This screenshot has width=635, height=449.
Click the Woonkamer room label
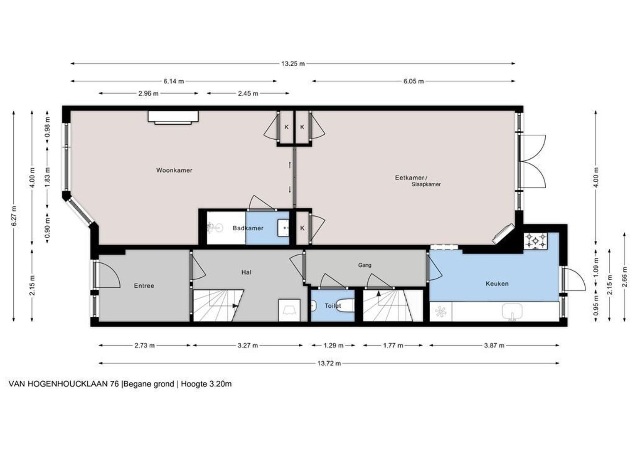click(x=174, y=170)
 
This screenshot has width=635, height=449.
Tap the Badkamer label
click(x=248, y=228)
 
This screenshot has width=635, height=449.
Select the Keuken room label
click(x=497, y=284)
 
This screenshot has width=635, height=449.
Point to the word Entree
click(x=144, y=286)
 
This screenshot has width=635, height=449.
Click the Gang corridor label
click(x=364, y=265)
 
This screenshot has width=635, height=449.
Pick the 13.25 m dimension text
click(x=293, y=64)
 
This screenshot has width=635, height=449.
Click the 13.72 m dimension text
click(x=329, y=363)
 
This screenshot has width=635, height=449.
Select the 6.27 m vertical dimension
click(x=15, y=216)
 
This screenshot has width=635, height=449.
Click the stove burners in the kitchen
click(x=536, y=241)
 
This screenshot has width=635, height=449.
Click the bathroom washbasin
click(x=283, y=228)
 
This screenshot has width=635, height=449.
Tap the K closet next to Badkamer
click(x=302, y=228)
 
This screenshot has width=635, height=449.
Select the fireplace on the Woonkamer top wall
click(x=173, y=117)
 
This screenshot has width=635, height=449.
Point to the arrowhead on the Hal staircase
click(x=235, y=306)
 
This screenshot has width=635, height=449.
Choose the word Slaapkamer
click(x=426, y=184)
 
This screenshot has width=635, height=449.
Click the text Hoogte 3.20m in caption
click(x=206, y=384)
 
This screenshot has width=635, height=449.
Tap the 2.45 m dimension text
click(x=248, y=94)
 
